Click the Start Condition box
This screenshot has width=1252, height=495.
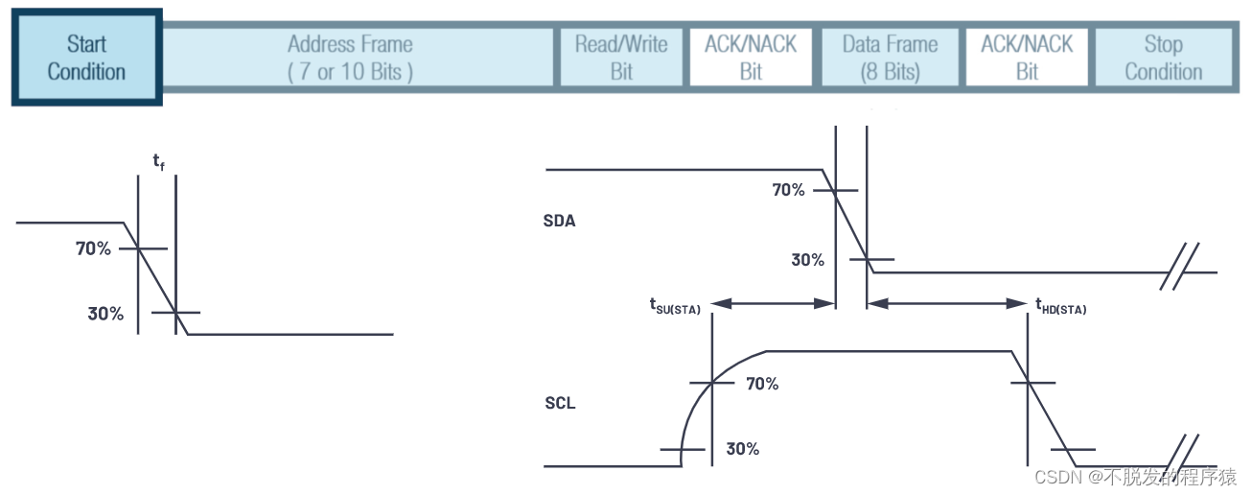(86, 58)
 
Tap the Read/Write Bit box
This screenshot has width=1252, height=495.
(621, 58)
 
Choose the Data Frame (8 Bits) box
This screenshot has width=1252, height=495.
(890, 58)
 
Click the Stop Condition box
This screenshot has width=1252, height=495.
(1163, 58)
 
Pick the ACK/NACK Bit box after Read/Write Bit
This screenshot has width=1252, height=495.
(751, 58)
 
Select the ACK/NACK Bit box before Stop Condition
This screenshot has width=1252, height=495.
(1027, 58)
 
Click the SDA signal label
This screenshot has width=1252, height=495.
(559, 221)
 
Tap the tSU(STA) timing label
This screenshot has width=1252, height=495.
(675, 308)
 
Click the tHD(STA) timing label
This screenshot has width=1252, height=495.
(1060, 308)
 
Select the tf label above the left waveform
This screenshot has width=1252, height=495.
(158, 161)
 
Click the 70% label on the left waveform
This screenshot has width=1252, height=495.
(93, 248)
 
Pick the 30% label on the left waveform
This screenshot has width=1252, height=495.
(105, 313)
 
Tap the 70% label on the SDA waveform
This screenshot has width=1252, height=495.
(789, 190)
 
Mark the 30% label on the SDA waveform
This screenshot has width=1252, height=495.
(807, 259)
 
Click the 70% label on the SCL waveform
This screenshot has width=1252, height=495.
(762, 384)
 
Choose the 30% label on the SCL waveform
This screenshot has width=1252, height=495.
(743, 448)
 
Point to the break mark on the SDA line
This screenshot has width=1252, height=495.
(1178, 272)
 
